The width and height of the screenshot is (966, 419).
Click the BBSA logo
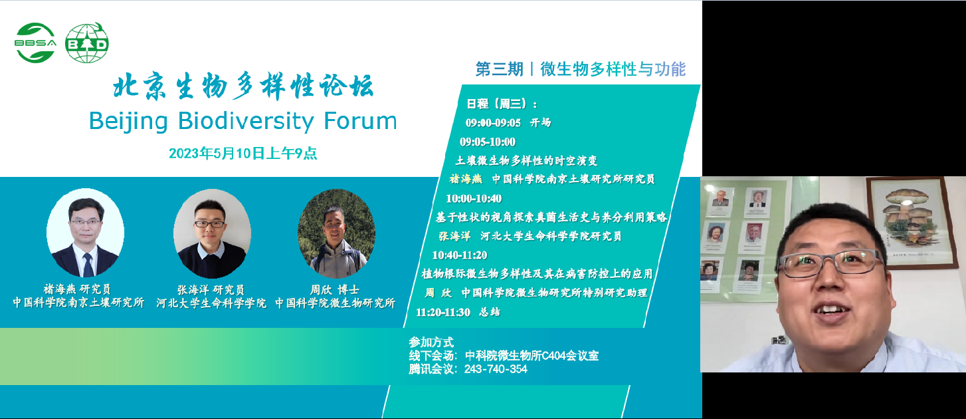click(35, 43)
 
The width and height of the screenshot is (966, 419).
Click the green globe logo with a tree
click(87, 43)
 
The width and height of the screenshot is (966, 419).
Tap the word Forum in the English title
click(360, 121)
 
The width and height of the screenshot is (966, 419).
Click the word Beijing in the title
click(128, 122)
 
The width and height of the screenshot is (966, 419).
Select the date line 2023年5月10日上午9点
click(242, 153)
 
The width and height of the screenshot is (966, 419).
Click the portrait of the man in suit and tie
click(86, 233)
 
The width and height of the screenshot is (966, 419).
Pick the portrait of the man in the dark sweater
click(212, 233)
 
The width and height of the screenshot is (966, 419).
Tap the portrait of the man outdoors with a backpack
click(336, 233)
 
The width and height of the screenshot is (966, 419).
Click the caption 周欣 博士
click(335, 289)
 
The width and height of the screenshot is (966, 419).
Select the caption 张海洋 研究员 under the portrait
click(211, 289)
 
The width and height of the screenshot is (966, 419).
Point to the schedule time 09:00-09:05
click(493, 123)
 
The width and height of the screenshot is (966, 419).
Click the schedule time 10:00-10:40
click(474, 198)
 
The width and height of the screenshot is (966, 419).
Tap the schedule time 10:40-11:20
click(459, 255)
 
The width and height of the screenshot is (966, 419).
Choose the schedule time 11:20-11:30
click(443, 312)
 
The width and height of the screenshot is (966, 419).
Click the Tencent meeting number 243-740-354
click(496, 369)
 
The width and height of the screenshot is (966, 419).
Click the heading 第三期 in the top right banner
click(499, 69)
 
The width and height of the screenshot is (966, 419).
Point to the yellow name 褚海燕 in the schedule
click(466, 179)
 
